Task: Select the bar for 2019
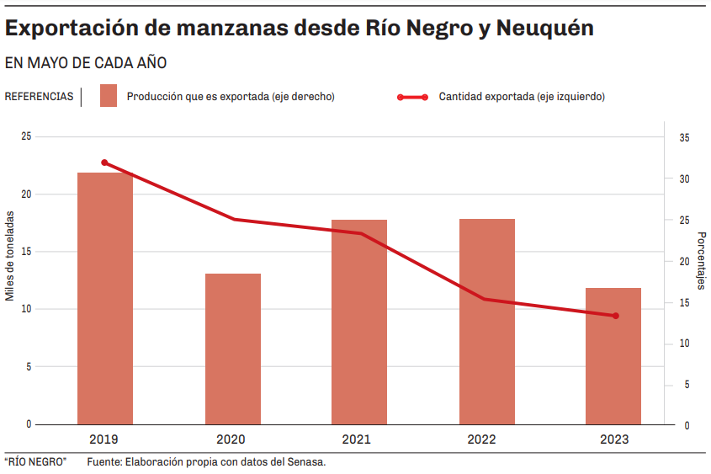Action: coord(105,298)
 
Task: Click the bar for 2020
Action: coord(232,349)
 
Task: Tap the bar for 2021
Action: coord(359,322)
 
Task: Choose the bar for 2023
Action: coord(613,356)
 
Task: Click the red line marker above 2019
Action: coord(104,162)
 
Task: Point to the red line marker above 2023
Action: coord(616,316)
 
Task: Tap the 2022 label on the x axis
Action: coord(482,439)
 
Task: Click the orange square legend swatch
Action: coord(108,96)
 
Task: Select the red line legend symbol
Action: coord(412,97)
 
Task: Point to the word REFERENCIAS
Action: coord(39,97)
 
